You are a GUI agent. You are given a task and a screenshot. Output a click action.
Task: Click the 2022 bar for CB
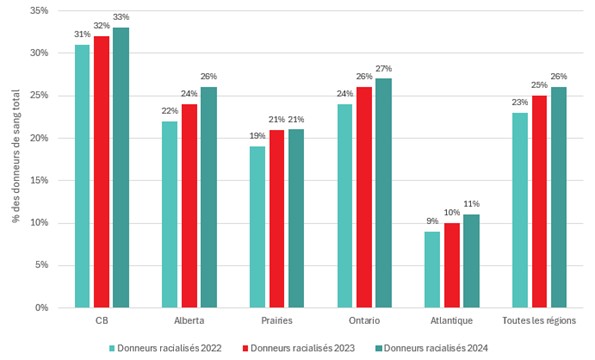click(82, 176)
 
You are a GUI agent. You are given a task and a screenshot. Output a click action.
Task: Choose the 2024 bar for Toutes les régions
click(558, 197)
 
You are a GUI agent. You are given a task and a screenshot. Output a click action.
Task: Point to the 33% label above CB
click(121, 17)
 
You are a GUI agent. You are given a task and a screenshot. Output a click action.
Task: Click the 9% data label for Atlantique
click(432, 221)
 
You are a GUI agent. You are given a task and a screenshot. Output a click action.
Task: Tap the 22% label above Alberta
click(169, 111)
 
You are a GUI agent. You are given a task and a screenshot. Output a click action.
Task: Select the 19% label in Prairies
click(257, 136)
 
